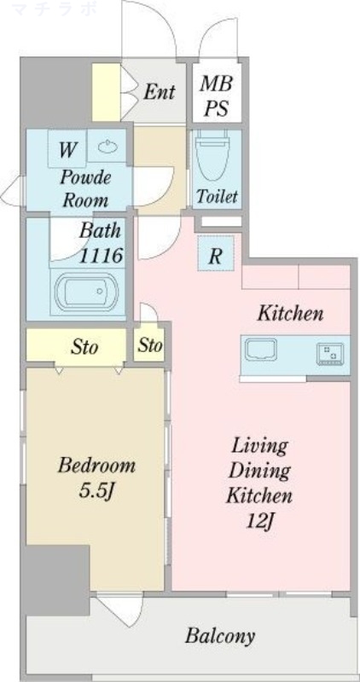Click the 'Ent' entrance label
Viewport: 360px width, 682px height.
(x=159, y=92)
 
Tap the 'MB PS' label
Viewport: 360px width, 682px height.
(x=216, y=95)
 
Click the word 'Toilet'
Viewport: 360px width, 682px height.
(x=217, y=196)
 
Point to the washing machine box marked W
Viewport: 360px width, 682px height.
(x=67, y=148)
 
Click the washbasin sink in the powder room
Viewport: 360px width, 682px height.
(x=107, y=147)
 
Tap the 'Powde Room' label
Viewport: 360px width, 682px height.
(x=85, y=188)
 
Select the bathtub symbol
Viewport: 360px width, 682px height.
(x=87, y=292)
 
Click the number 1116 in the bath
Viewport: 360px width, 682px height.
(x=101, y=255)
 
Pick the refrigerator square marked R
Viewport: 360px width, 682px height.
(x=216, y=253)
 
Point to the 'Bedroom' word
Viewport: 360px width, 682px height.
(x=96, y=465)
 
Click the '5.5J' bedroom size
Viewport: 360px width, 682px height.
(x=96, y=491)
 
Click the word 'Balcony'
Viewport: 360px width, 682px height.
(x=219, y=636)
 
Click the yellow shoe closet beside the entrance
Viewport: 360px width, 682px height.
(x=106, y=92)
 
